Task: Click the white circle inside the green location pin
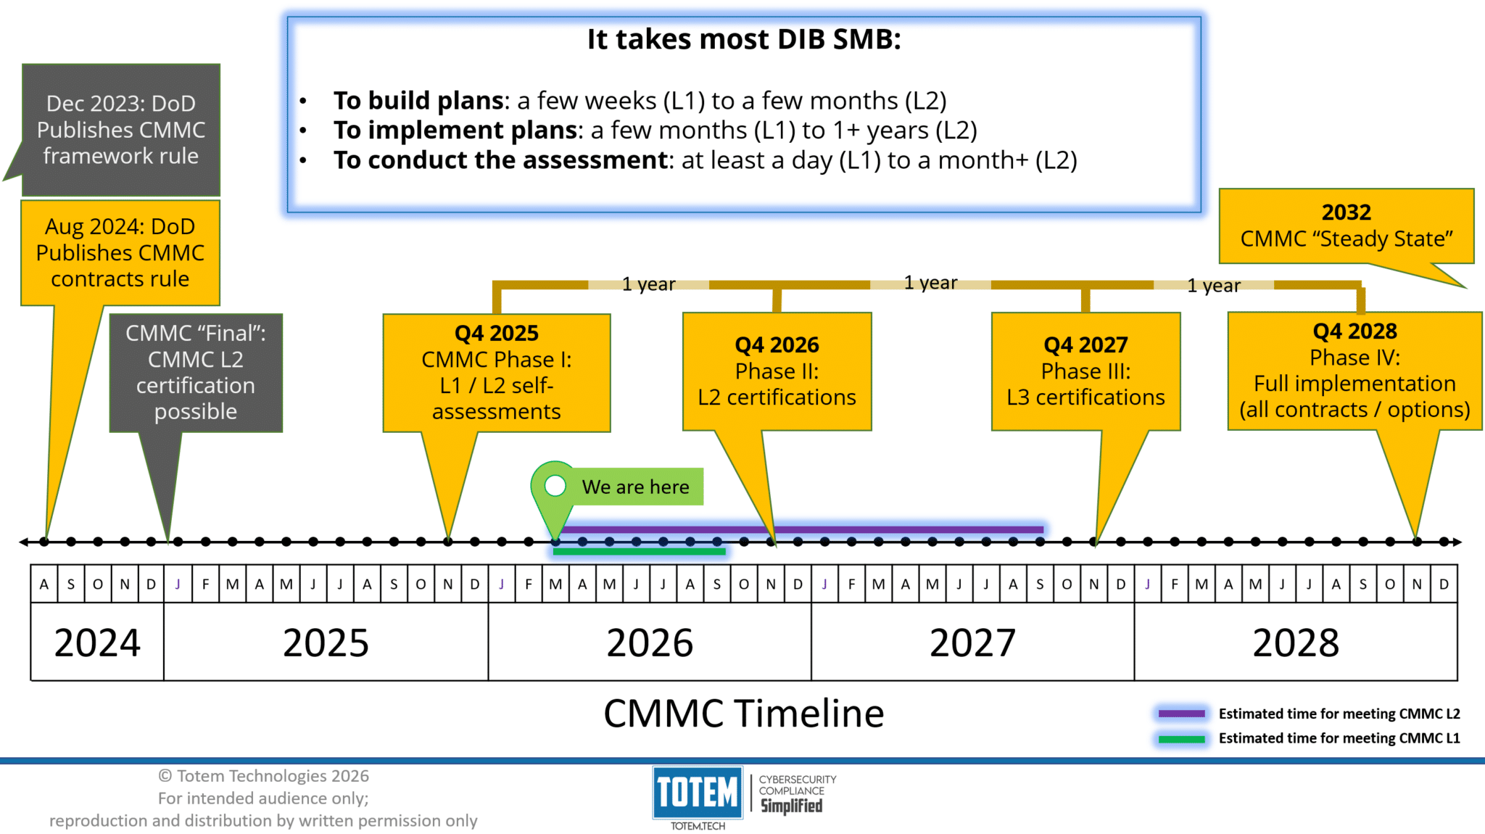tap(555, 485)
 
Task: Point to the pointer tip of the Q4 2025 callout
tap(449, 541)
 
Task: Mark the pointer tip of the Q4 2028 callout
tap(1416, 540)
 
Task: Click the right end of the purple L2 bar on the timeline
tap(1044, 529)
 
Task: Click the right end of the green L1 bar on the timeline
tap(725, 552)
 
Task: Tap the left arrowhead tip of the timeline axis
tap(20, 542)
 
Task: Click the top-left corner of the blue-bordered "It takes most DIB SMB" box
tap(288, 17)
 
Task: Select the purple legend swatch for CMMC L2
tap(1181, 714)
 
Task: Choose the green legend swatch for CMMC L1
tap(1181, 739)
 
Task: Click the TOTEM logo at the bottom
tap(698, 792)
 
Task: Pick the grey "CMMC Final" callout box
tap(196, 373)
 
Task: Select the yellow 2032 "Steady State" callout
tap(1347, 226)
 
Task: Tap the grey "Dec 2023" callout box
tap(121, 130)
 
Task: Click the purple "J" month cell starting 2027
tap(824, 584)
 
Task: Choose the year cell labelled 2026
tap(650, 642)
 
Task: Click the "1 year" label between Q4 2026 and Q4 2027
tap(931, 283)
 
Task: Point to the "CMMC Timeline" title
tap(744, 714)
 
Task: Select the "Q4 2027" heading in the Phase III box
tap(1085, 345)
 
